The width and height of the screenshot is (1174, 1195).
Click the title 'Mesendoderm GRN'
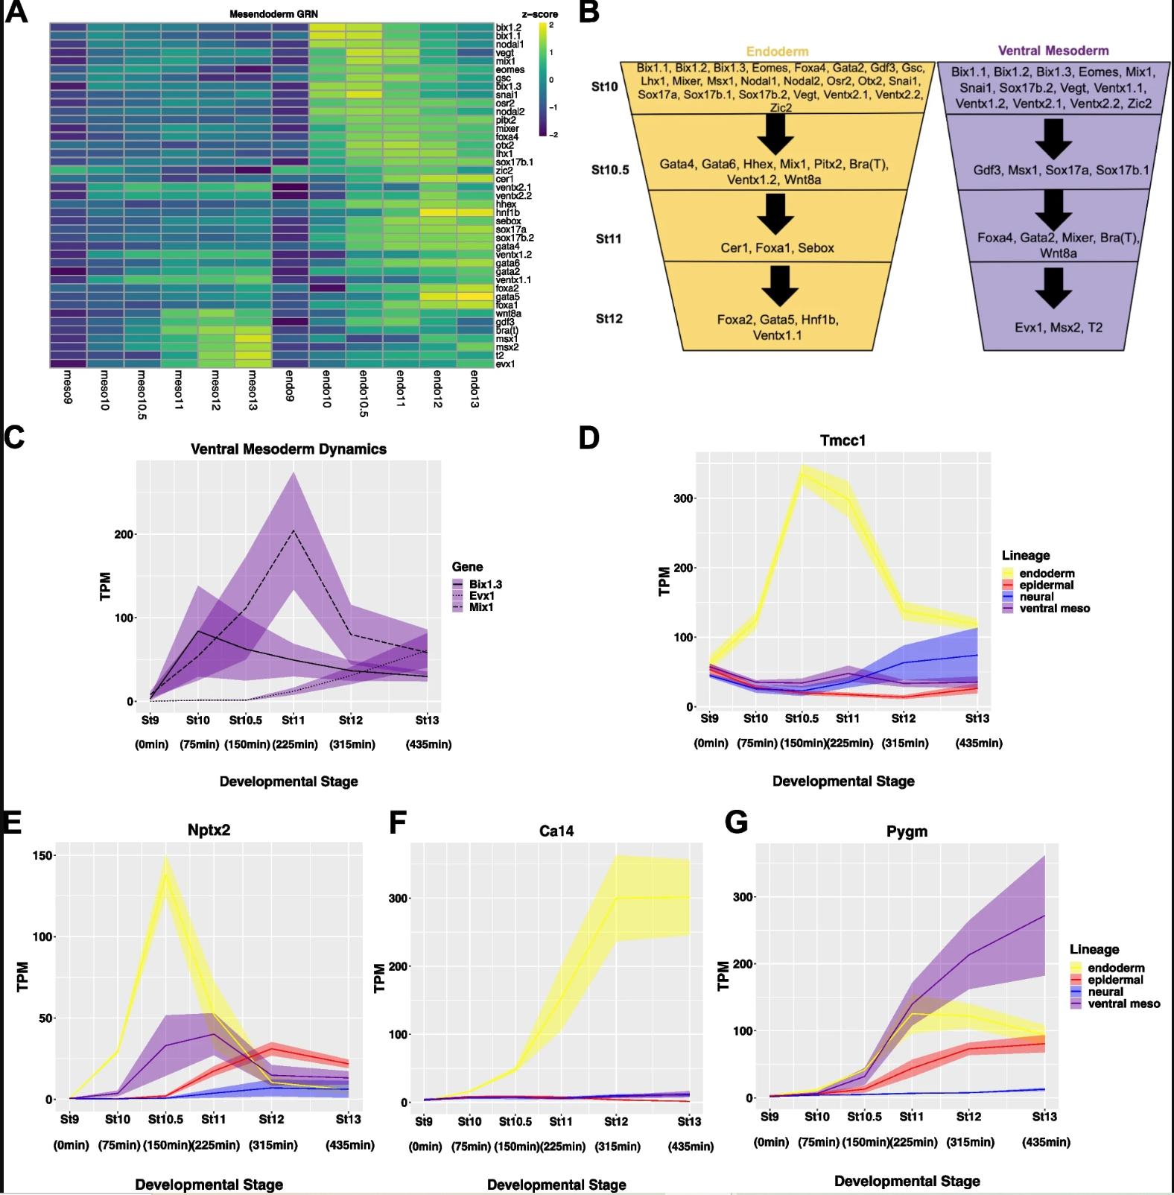273,14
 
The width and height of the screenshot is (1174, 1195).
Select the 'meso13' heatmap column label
252,389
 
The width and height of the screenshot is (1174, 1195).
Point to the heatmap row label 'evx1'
505,364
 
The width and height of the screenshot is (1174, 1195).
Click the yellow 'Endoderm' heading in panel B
777,51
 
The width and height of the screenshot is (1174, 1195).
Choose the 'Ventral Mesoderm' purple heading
1053,51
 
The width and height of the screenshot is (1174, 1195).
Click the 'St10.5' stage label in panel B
610,170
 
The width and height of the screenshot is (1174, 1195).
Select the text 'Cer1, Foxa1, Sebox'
777,248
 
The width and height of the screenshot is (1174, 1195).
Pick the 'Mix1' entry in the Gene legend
481,607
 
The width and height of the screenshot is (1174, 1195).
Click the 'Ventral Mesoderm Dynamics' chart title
288,449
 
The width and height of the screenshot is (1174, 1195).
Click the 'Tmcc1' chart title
843,440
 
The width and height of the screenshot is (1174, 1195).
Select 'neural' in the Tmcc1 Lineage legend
1036,597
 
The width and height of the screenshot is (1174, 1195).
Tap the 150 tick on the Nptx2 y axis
42,856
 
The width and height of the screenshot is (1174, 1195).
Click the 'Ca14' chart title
556,831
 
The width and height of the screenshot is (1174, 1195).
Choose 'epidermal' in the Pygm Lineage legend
1115,980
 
